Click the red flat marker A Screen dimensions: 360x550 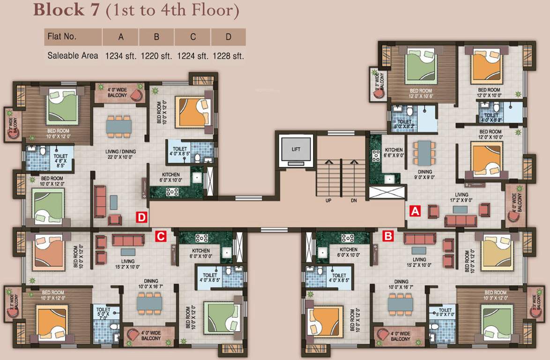point(415,211)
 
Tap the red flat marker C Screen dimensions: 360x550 point(161,236)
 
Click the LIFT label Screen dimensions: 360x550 point(296,150)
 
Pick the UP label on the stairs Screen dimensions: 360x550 point(328,200)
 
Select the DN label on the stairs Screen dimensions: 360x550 point(354,200)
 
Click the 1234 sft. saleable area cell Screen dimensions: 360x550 point(120,56)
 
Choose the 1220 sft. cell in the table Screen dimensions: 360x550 point(156,56)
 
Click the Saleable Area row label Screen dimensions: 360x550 point(73,55)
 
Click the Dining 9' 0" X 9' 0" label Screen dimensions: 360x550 point(424,174)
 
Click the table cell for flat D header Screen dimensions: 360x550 point(228,37)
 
